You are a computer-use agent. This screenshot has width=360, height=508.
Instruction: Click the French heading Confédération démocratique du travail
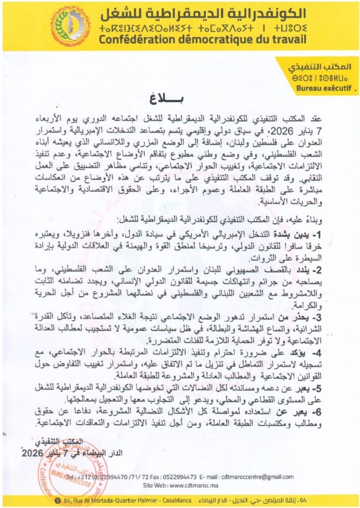202,39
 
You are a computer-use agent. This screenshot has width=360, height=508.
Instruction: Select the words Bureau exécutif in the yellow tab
324,89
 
